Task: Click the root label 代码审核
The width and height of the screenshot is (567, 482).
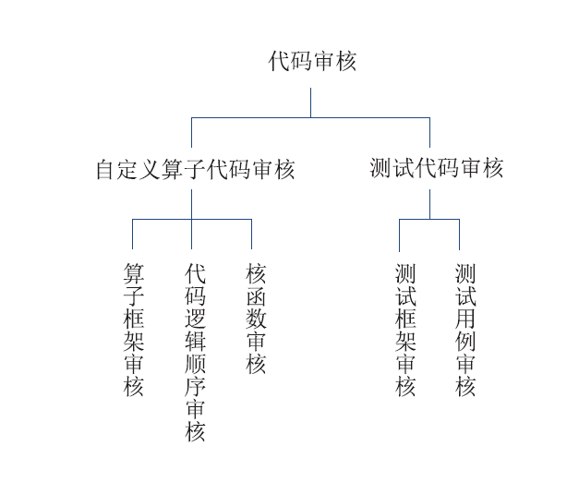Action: [312, 61]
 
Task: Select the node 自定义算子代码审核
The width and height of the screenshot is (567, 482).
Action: [195, 169]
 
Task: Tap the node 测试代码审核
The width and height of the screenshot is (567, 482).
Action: [437, 168]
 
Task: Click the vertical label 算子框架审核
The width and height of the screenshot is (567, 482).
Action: [133, 330]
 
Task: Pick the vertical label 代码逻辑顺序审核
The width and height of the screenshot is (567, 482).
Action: [195, 352]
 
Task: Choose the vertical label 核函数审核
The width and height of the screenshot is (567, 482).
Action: [256, 319]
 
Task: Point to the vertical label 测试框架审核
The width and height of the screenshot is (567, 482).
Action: [405, 330]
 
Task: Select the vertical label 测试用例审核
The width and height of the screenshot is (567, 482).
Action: [465, 330]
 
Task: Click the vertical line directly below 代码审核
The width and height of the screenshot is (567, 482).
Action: [310, 102]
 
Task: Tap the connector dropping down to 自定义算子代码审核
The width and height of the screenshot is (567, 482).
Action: [191, 132]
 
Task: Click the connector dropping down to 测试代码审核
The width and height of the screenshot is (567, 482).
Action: [429, 132]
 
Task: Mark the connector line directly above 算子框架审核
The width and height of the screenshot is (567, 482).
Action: [132, 234]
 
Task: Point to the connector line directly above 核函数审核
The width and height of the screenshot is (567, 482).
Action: [251, 234]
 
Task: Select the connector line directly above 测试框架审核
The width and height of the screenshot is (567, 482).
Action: [399, 235]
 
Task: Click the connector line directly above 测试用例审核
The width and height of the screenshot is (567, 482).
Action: [459, 235]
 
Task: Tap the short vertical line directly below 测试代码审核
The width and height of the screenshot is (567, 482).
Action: [429, 204]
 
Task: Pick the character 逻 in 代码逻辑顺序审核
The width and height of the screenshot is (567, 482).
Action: [195, 319]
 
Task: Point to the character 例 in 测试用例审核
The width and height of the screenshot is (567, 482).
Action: [465, 341]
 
